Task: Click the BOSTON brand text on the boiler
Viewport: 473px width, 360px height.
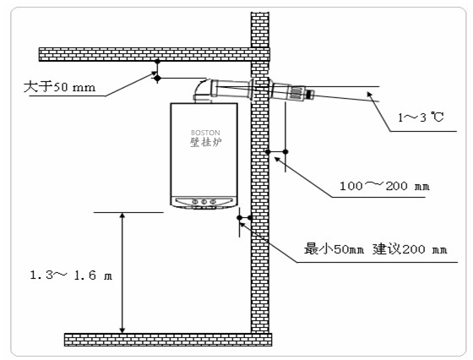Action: [x=205, y=133]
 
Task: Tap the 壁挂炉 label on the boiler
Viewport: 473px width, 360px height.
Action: [x=206, y=142]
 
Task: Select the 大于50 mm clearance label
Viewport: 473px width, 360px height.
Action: [x=59, y=87]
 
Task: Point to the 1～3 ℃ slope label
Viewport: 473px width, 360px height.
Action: [x=421, y=117]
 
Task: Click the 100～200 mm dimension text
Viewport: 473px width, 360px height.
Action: [x=384, y=186]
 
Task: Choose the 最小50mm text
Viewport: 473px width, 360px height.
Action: [x=334, y=249]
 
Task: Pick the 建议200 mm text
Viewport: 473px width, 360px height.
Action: [x=410, y=249]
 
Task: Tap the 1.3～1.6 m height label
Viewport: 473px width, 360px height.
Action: [x=71, y=275]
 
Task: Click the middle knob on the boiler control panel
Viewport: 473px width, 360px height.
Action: [x=204, y=201]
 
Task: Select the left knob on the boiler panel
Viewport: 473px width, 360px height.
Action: [x=195, y=201]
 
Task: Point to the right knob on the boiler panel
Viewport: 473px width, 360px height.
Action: [x=213, y=201]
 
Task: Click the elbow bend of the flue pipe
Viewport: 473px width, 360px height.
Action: [x=201, y=90]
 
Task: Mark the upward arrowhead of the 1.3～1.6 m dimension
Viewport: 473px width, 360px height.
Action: [x=122, y=215]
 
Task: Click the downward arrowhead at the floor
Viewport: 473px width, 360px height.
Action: [x=122, y=330]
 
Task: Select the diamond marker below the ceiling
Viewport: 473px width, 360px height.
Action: [x=157, y=79]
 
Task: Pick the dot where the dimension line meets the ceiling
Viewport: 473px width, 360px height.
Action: [x=157, y=62]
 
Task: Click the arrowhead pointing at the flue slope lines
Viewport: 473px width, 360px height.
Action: [x=370, y=95]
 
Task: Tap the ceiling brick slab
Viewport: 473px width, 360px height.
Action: [x=154, y=54]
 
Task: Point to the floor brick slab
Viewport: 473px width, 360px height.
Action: [x=168, y=340]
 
